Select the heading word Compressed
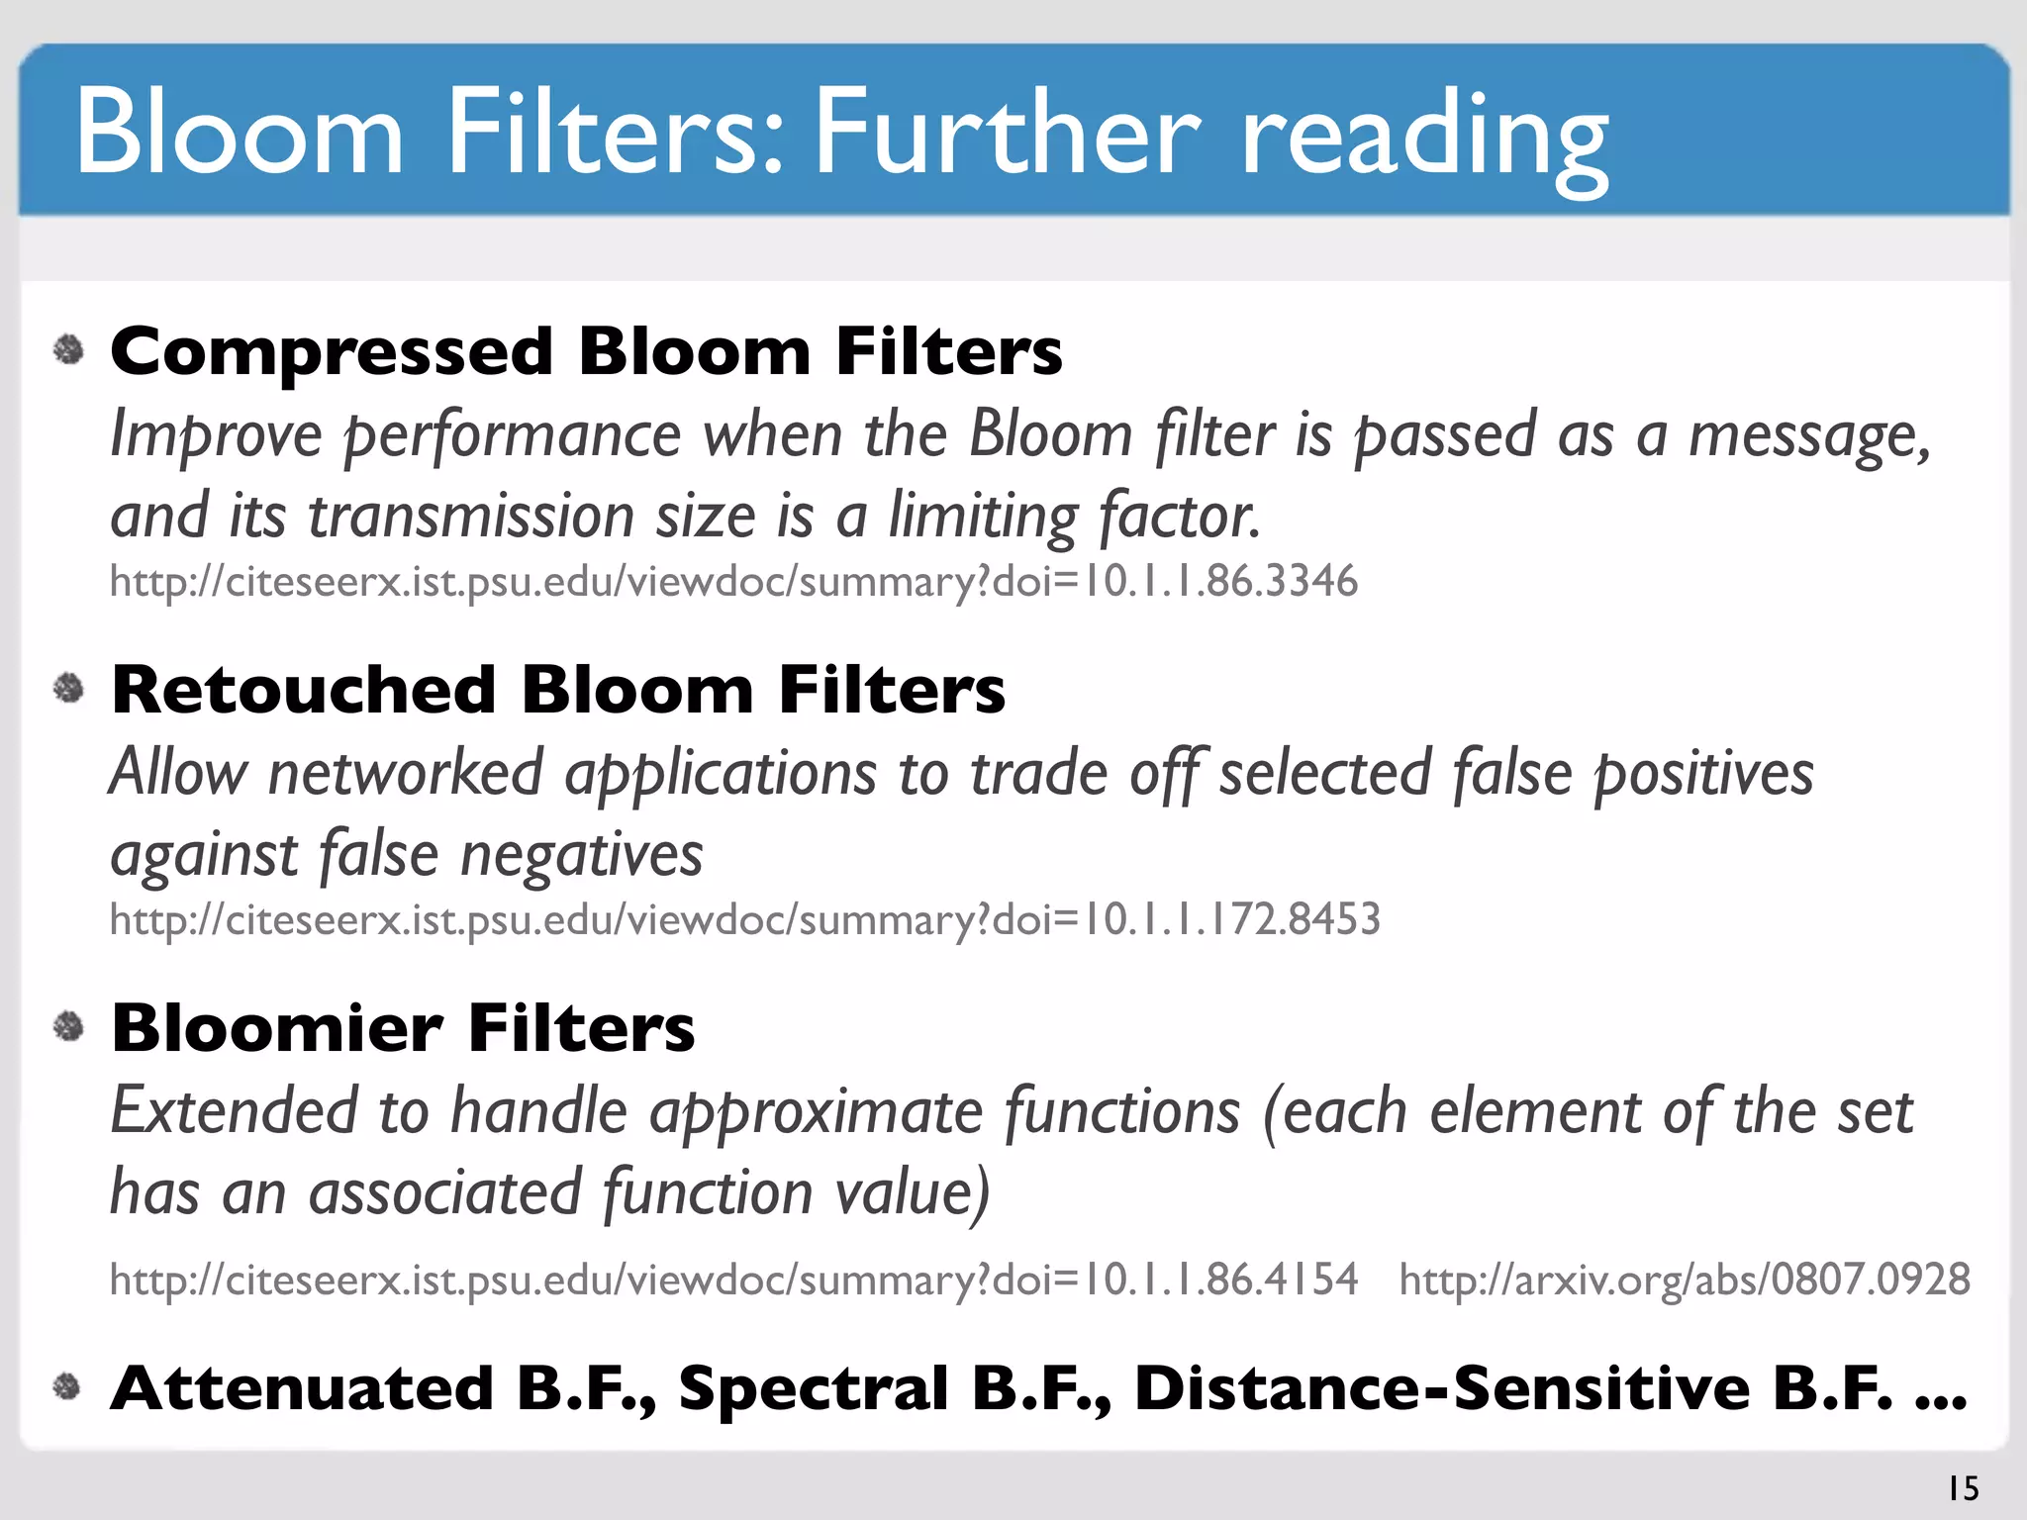pos(332,353)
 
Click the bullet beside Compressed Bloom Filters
pos(68,349)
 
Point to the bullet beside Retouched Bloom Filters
pos(68,688)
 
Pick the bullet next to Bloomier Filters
pos(68,1026)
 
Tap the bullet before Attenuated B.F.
pos(66,1386)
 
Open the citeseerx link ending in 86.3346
pos(733,581)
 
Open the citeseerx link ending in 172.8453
pos(744,919)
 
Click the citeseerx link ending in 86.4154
pos(733,1280)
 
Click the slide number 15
pos(1963,1488)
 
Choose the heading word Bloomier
pos(277,1028)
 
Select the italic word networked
pos(406,773)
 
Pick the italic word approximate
pos(816,1112)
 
